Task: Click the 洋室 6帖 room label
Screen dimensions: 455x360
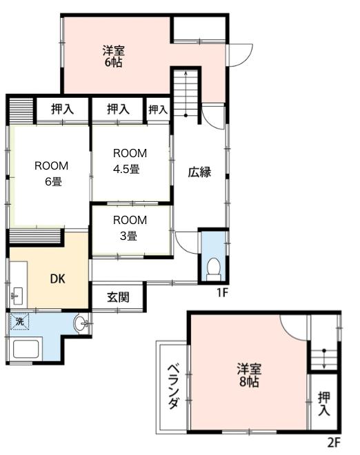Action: [114, 55]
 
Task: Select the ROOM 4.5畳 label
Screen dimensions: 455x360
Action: [130, 161]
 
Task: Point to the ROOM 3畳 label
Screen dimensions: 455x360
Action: [130, 228]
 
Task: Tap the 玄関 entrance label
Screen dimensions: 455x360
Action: [117, 299]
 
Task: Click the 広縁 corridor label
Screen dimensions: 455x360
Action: [199, 172]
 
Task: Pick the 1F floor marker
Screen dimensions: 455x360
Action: [223, 293]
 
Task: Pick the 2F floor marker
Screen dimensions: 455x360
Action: [334, 443]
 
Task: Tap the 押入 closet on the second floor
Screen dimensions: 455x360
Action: [323, 404]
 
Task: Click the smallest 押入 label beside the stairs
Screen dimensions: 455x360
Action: [158, 109]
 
